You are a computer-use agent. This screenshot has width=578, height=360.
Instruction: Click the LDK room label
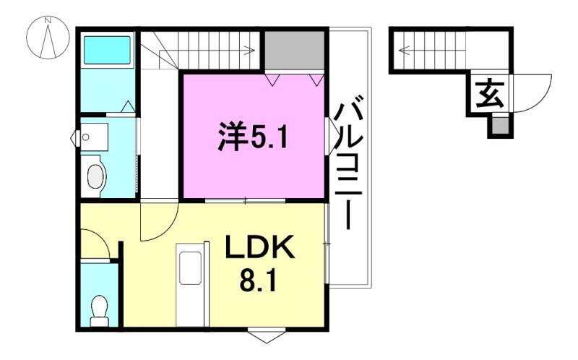pyautogui.click(x=259, y=249)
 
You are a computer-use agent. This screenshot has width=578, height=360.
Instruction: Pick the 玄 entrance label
pyautogui.click(x=489, y=95)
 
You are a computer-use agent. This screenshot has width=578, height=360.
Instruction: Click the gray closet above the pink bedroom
pyautogui.click(x=293, y=51)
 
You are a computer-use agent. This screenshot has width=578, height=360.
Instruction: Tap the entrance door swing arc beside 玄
pyautogui.click(x=533, y=94)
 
